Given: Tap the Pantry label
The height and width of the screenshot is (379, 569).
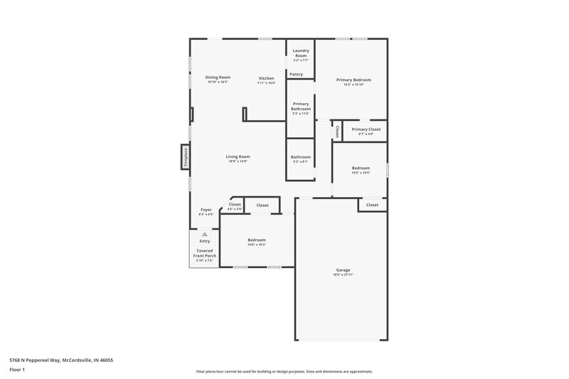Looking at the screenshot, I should pyautogui.click(x=296, y=74).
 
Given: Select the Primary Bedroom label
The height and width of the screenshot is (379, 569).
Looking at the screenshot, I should pyautogui.click(x=353, y=80).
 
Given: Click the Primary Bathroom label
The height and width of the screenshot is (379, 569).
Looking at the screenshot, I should pyautogui.click(x=300, y=107).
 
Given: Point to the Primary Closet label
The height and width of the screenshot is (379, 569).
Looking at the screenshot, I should pyautogui.click(x=366, y=129).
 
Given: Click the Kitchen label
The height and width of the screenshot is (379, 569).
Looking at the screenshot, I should pyautogui.click(x=266, y=78).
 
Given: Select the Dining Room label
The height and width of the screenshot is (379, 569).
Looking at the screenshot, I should pyautogui.click(x=218, y=77).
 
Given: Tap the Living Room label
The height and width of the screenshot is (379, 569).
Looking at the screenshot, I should pyautogui.click(x=238, y=156).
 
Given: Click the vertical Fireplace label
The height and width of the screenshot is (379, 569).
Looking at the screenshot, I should pyautogui.click(x=185, y=156).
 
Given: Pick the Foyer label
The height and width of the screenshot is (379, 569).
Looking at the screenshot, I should pyautogui.click(x=206, y=210).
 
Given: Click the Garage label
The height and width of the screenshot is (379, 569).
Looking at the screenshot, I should pyautogui.click(x=343, y=270).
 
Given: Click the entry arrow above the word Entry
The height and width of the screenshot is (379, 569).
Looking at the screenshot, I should pyautogui.click(x=205, y=233).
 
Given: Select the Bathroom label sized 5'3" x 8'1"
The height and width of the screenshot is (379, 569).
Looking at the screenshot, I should pyautogui.click(x=300, y=156).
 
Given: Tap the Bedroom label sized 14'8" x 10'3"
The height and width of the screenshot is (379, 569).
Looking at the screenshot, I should pyautogui.click(x=256, y=240).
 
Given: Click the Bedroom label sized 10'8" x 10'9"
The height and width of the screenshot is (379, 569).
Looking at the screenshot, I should pyautogui.click(x=361, y=168).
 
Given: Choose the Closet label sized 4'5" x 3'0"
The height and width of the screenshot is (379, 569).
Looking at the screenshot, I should pyautogui.click(x=235, y=205).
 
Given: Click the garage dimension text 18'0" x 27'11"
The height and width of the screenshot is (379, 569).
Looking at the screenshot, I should pyautogui.click(x=343, y=275).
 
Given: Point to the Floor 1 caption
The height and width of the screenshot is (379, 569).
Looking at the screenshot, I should pyautogui.click(x=17, y=370).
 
